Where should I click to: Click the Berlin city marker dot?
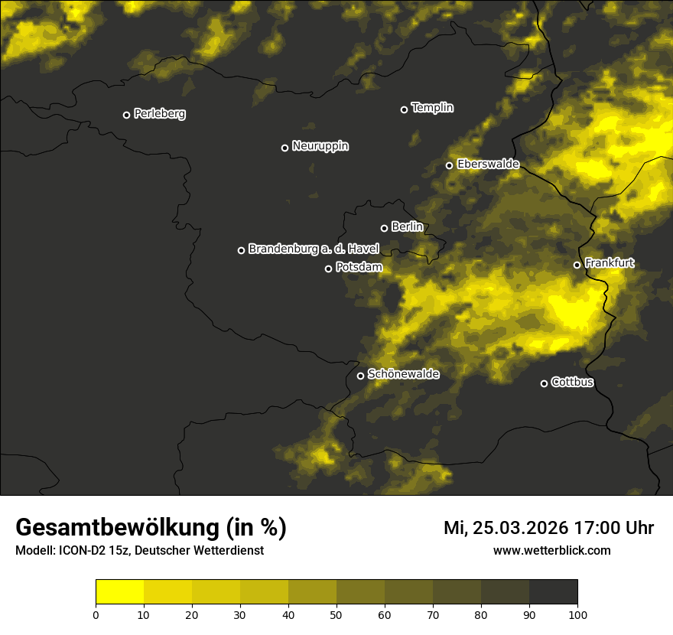tap(385, 228)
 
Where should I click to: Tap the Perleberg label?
tap(159, 114)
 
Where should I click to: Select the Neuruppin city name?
tap(320, 146)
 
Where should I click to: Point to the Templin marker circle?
tap(405, 109)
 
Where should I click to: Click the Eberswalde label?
tap(488, 164)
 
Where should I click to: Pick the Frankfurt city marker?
tap(577, 265)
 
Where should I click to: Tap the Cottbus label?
tap(572, 383)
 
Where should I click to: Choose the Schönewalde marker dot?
tap(361, 376)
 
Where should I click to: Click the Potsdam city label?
tap(359, 268)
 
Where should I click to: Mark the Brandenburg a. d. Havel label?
tap(313, 249)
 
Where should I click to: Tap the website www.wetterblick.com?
tap(552, 551)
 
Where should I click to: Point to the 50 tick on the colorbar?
tap(336, 614)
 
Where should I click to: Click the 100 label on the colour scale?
tap(577, 614)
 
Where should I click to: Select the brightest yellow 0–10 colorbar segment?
tap(119, 592)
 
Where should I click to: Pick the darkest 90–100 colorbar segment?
tap(553, 592)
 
